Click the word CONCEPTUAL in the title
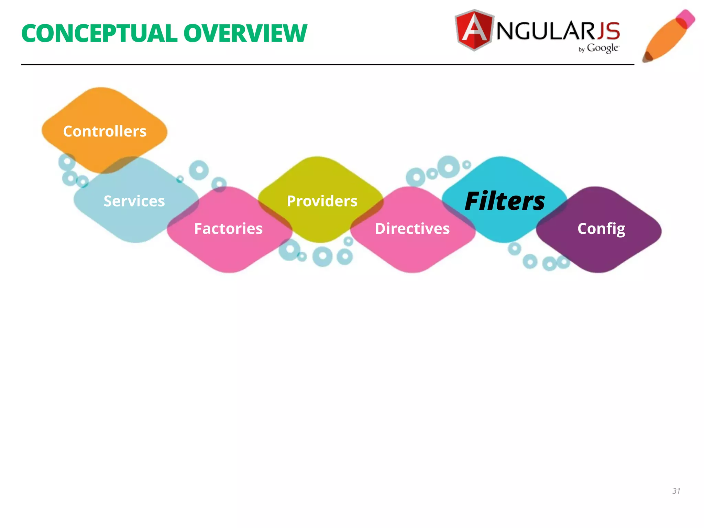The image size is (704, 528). [x=99, y=34]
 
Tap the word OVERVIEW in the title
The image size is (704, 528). [x=245, y=34]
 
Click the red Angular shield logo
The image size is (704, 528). [x=474, y=30]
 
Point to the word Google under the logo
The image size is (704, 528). [x=603, y=48]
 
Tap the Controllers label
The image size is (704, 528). [x=104, y=131]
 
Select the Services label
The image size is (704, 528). [x=134, y=201]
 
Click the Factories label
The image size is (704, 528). [x=228, y=229]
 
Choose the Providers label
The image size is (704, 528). [x=322, y=201]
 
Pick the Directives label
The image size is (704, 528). [x=412, y=229]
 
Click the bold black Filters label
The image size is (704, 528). [x=505, y=201]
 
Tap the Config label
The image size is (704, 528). [x=601, y=229]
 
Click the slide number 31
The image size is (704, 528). [x=676, y=491]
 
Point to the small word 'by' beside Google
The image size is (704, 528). [x=581, y=49]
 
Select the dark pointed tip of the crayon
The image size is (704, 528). [x=647, y=57]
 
